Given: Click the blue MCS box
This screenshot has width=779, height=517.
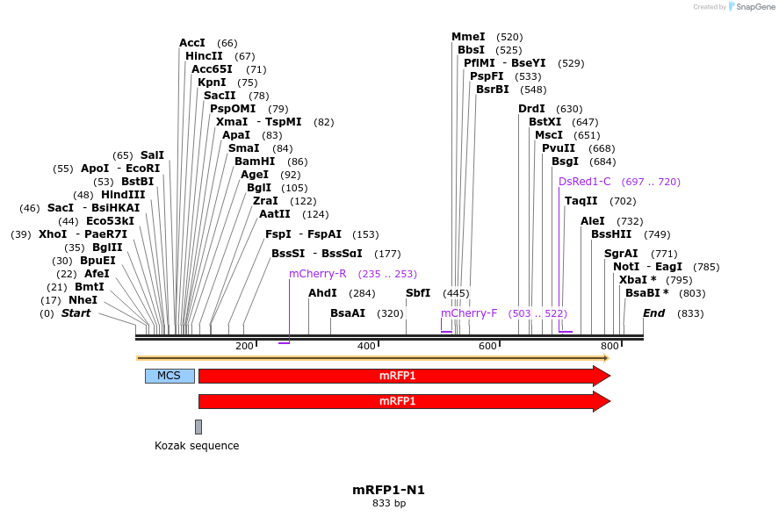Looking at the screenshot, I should tap(170, 376).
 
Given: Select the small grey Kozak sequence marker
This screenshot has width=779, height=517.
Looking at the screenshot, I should tap(198, 427).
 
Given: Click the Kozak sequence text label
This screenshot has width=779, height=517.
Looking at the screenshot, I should tap(197, 446).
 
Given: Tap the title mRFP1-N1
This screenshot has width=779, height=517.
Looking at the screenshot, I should tap(389, 490).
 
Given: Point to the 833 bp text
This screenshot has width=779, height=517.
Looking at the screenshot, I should tap(389, 504).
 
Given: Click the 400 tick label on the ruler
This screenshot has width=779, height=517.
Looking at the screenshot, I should tap(365, 347).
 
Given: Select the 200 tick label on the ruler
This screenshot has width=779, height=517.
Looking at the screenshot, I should tap(244, 347).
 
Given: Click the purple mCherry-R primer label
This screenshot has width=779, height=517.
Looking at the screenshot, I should tap(318, 274).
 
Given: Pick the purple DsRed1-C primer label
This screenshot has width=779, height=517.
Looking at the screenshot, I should tap(584, 182).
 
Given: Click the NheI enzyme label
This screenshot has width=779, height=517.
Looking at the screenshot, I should tap(83, 300).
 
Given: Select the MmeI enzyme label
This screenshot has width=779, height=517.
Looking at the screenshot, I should tap(468, 37).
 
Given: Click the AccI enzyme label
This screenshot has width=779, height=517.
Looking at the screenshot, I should tap(192, 43).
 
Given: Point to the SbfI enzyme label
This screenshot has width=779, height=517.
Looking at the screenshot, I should tap(418, 293).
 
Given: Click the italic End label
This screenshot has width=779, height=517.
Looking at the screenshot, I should tap(654, 313).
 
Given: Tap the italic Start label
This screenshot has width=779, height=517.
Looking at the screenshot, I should tap(76, 313).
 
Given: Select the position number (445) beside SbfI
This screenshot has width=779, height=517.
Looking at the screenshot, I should tap(456, 293).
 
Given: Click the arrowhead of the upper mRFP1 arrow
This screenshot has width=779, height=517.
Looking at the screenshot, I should tap(602, 376).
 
